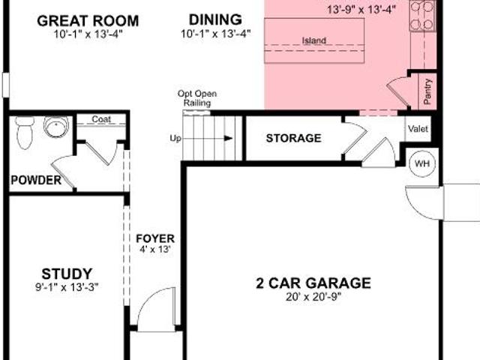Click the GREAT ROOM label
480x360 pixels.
pyautogui.click(x=88, y=21)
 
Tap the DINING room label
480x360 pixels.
pyautogui.click(x=215, y=19)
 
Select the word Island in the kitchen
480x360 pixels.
pyautogui.click(x=314, y=40)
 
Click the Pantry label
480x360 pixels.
pyautogui.click(x=427, y=91)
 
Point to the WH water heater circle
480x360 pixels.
pyautogui.click(x=422, y=163)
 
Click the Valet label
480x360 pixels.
pyautogui.click(x=418, y=129)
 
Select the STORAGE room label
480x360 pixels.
pyautogui.click(x=293, y=138)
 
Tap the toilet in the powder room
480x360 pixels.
pyautogui.click(x=25, y=132)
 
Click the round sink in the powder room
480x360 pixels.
pyautogui.click(x=56, y=127)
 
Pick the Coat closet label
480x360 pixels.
pyautogui.click(x=101, y=118)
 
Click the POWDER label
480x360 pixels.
pyautogui.click(x=36, y=180)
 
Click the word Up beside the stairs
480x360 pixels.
pyautogui.click(x=175, y=139)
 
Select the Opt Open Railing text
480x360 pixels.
pyautogui.click(x=197, y=98)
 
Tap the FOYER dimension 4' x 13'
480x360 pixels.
pyautogui.click(x=155, y=249)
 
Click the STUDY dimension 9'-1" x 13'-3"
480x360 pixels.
pyautogui.click(x=67, y=287)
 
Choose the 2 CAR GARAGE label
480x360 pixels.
pyautogui.click(x=313, y=283)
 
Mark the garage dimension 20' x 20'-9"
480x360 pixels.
pyautogui.click(x=313, y=297)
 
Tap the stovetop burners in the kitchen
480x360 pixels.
pyautogui.click(x=423, y=15)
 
